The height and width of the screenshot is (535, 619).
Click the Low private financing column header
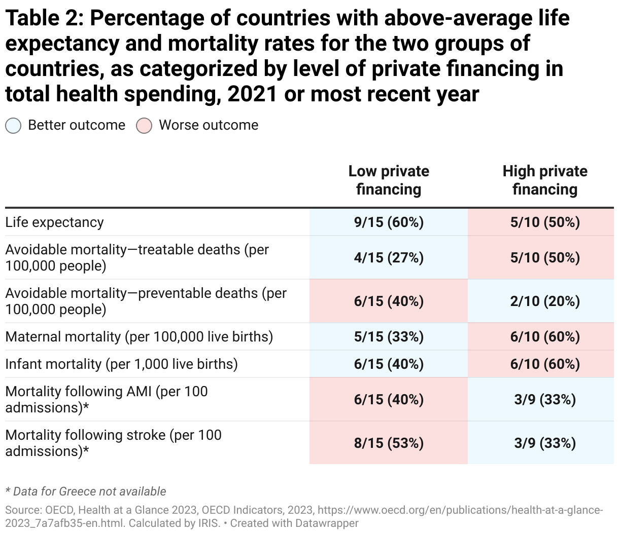(x=389, y=180)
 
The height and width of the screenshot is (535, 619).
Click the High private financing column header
(x=545, y=180)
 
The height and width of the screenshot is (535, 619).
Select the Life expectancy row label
(x=55, y=222)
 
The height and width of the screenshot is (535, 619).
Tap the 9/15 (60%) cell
(x=389, y=222)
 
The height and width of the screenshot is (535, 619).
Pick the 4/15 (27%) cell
(x=389, y=258)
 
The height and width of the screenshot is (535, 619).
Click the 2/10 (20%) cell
(x=545, y=301)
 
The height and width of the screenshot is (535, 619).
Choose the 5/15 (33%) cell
(x=389, y=337)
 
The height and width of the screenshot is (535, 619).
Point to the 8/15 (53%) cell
(x=389, y=443)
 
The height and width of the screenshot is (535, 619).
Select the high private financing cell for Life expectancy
(x=545, y=222)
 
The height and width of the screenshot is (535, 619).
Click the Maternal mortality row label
(x=139, y=337)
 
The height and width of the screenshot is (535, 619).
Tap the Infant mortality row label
(x=121, y=364)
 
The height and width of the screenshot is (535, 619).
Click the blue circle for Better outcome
(x=13, y=126)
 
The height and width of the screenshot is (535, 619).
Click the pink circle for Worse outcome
(x=144, y=126)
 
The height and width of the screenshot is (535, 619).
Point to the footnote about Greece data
(x=86, y=491)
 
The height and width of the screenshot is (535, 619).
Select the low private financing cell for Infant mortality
(x=389, y=364)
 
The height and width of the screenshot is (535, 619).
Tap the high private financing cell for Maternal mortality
(x=545, y=337)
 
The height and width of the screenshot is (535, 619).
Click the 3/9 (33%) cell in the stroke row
(x=545, y=443)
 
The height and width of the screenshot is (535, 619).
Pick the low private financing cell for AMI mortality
(x=389, y=400)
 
